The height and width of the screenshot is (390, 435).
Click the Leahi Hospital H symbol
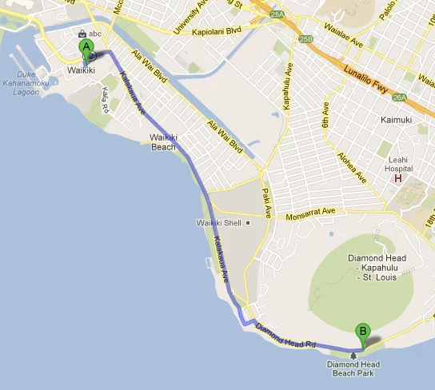click(397, 178)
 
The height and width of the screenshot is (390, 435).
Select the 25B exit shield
click(306, 39)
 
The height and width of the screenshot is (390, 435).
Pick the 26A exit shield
click(400, 97)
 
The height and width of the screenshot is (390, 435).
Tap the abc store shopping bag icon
click(82, 34)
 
